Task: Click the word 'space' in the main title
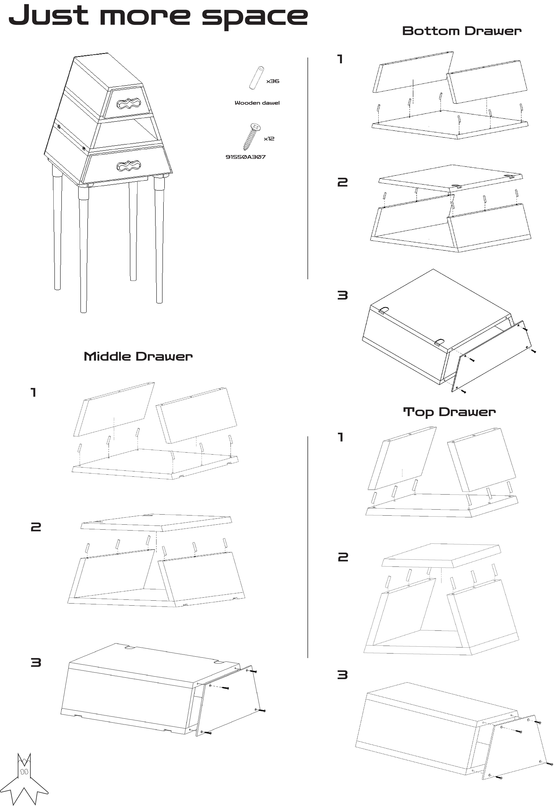[255, 18]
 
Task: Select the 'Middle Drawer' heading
[138, 357]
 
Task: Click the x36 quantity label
[273, 81]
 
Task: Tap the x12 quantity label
[269, 139]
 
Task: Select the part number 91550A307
[245, 157]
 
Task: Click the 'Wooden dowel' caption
[257, 103]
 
